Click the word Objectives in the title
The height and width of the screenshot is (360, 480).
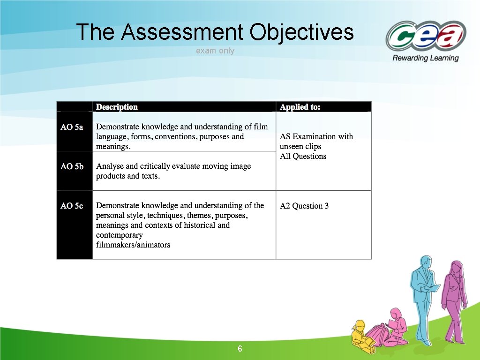pos(301,32)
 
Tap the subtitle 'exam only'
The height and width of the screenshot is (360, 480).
pos(215,51)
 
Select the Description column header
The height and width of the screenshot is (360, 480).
pos(117,107)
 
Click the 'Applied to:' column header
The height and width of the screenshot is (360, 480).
pos(300,107)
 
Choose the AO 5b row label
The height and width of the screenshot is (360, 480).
pos(72,166)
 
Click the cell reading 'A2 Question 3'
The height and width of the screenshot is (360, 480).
pos(304,206)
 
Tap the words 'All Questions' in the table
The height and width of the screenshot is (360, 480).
pos(303,156)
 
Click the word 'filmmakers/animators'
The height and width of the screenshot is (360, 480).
pos(133,245)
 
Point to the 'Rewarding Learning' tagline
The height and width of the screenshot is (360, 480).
pos(425,58)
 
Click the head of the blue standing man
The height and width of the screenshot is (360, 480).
pos(426,262)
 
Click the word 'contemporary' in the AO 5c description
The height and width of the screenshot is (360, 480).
pos(119,235)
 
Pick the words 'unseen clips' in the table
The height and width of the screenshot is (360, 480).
pos(300,146)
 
